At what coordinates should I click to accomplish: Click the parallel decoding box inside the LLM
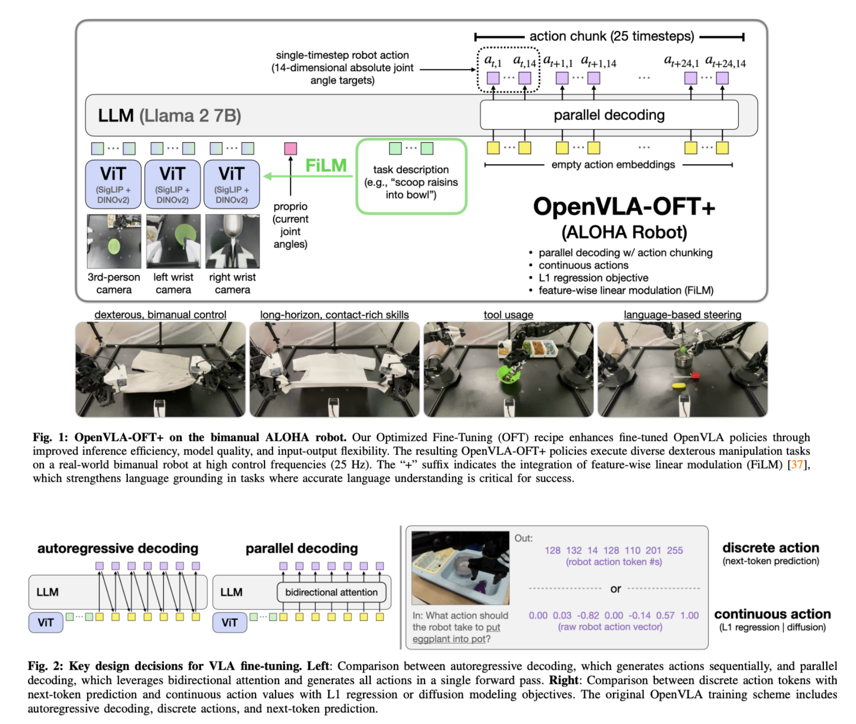[609, 115]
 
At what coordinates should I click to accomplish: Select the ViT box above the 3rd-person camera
[113, 184]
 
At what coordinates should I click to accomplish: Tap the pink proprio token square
[290, 148]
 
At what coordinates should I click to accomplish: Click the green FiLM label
[326, 165]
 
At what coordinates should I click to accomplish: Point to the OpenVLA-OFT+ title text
[624, 207]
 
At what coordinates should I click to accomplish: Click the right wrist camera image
[232, 241]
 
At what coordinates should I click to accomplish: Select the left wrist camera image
[173, 241]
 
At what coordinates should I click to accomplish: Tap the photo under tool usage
[508, 370]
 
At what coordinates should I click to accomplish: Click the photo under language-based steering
[682, 370]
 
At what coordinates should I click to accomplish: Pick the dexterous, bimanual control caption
[160, 315]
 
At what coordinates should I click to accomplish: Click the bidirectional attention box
[331, 592]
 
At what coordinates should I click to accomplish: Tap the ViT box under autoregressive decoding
[45, 622]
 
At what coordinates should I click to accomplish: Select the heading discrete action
[771, 548]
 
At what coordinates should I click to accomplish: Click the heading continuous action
[772, 614]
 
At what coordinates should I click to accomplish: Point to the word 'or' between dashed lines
[616, 589]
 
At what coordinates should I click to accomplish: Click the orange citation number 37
[797, 465]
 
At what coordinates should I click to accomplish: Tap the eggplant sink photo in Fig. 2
[460, 568]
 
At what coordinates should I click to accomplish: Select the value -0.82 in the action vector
[587, 615]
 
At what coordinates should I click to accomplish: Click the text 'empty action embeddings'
[613, 164]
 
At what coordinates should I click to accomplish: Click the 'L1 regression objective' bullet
[593, 278]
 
